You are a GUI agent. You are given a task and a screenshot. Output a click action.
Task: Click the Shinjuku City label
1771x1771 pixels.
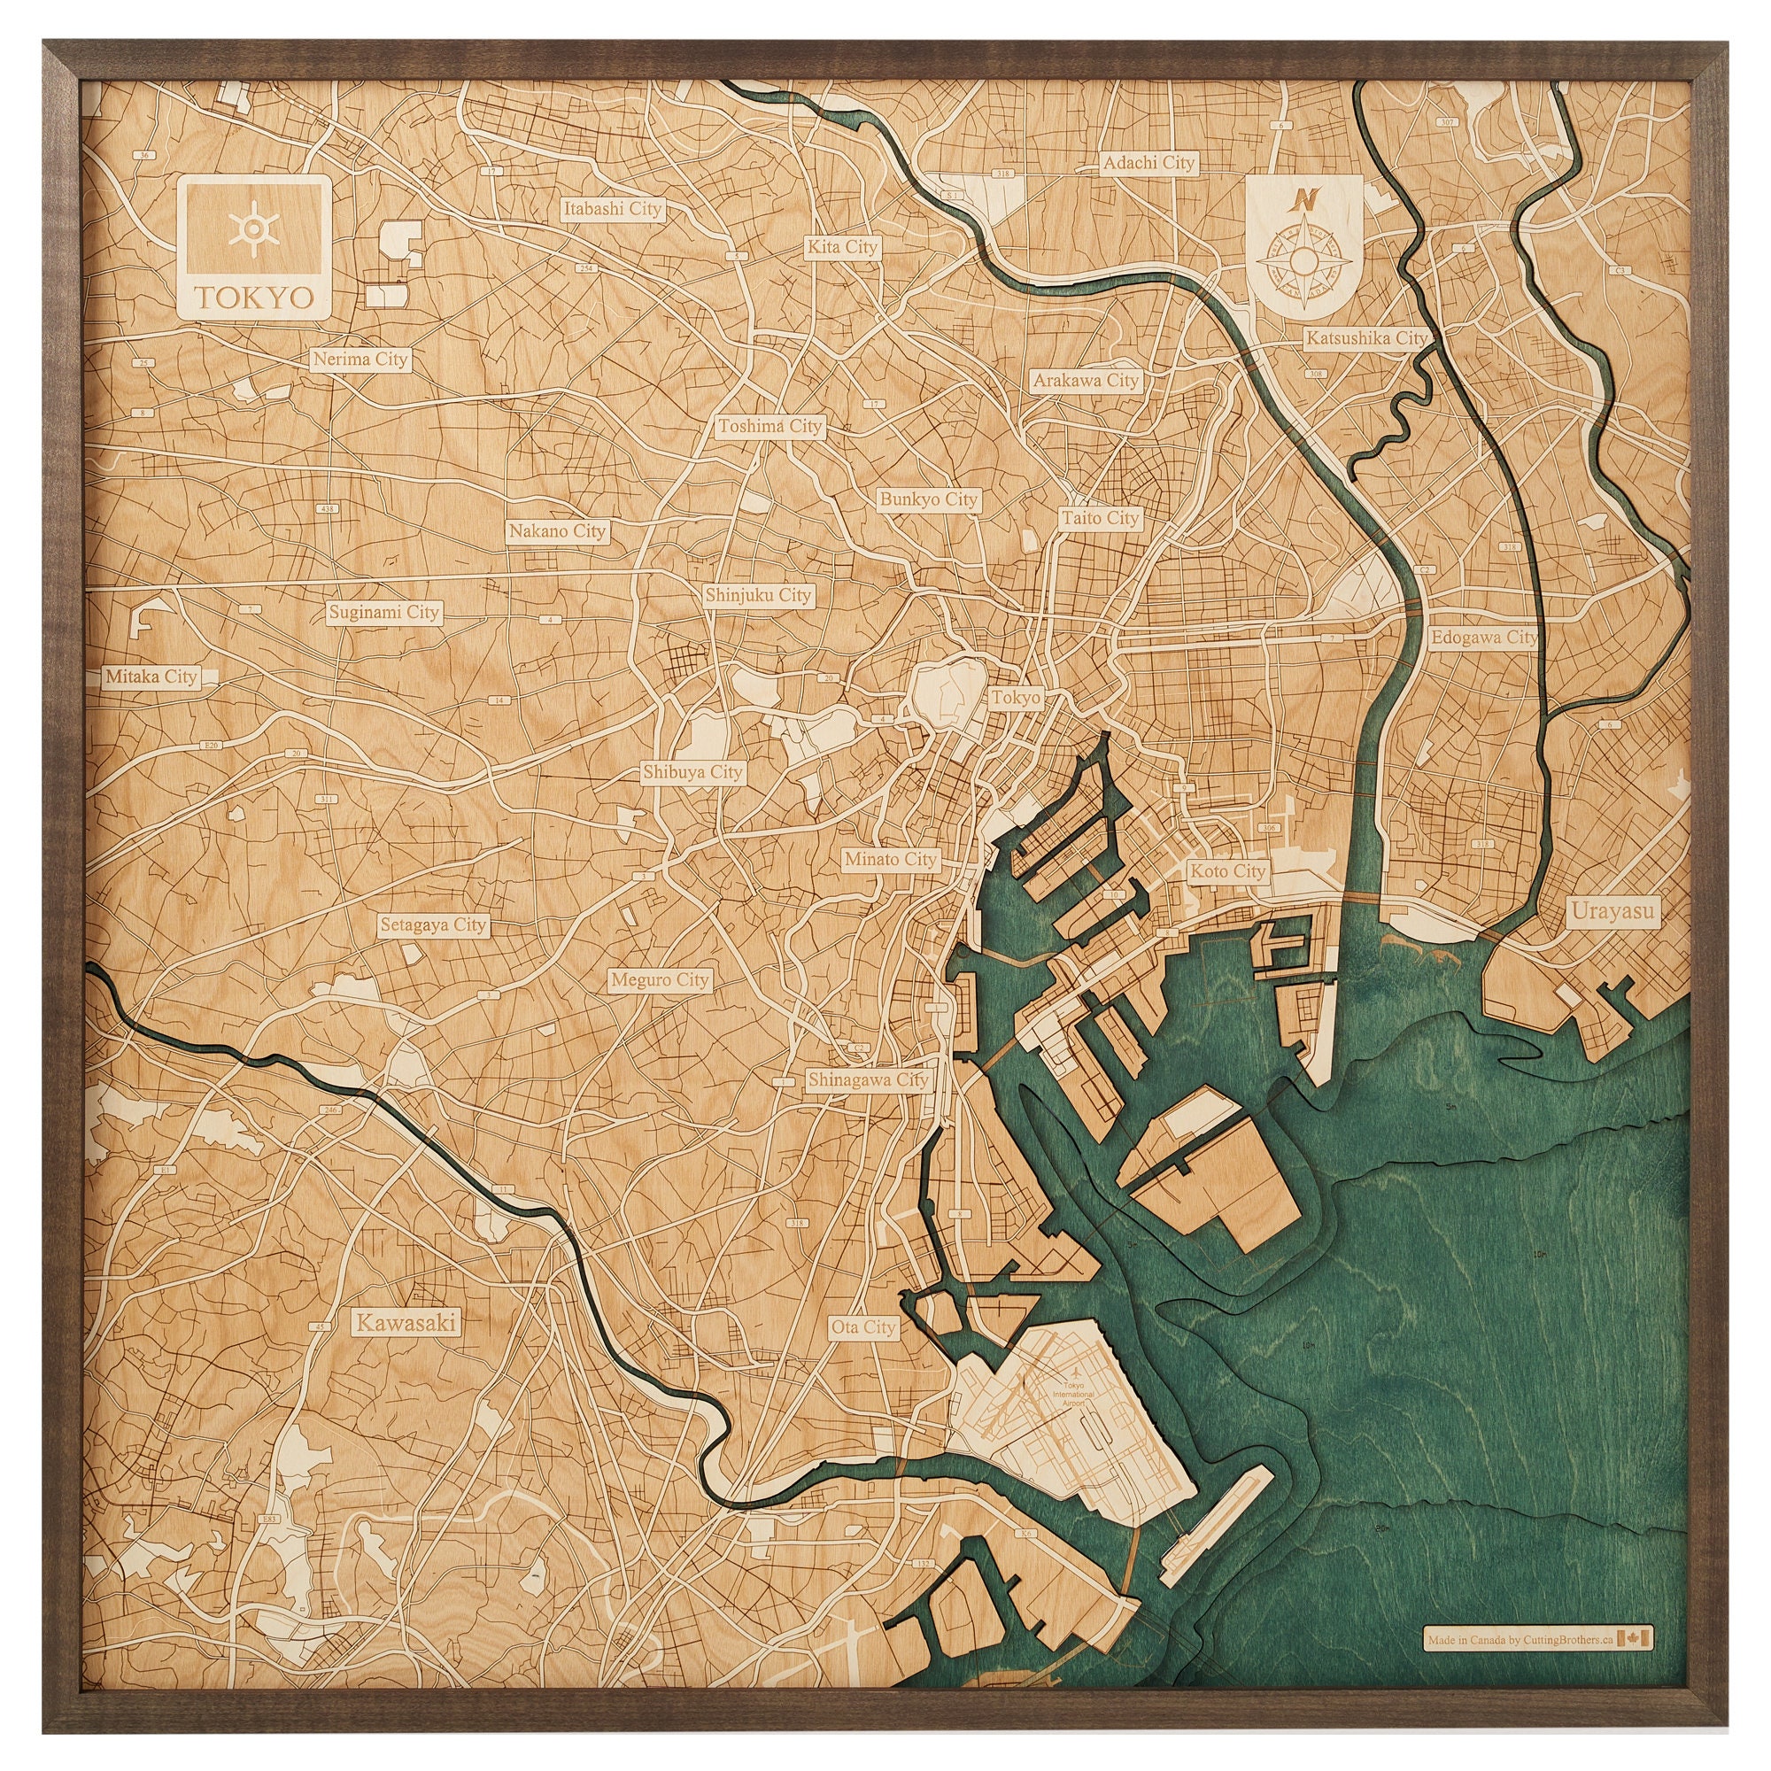(758, 596)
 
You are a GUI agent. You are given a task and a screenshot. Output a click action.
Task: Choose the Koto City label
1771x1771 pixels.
(1227, 870)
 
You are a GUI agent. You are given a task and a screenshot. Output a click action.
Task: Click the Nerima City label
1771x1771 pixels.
(360, 360)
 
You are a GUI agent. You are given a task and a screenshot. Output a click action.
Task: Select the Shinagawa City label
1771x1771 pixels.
(867, 1079)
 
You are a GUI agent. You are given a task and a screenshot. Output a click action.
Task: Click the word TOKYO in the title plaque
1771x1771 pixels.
(252, 298)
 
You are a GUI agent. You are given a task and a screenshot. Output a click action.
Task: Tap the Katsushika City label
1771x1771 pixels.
(1365, 338)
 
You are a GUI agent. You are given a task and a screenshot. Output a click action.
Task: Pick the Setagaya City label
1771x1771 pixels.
(433, 925)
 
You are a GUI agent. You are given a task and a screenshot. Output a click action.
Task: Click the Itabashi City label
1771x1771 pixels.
(613, 209)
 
